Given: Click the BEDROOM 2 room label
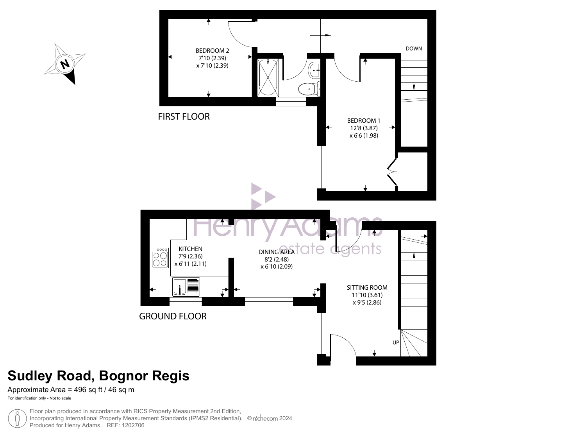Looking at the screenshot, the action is tap(212, 50).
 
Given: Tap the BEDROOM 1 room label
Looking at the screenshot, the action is tap(364, 121).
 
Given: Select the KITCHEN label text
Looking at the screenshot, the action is tap(190, 249).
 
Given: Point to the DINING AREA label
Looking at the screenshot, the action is tap(276, 252).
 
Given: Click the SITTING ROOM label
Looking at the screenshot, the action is tap(367, 287).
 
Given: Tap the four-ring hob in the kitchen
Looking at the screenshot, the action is tap(159, 258).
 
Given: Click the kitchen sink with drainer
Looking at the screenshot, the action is tap(186, 287).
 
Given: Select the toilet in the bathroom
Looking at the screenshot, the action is tap(309, 89).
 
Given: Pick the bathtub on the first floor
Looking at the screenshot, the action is tap(268, 77).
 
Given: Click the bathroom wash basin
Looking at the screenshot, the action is tap(314, 70).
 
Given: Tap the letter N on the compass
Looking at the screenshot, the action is tap(65, 64).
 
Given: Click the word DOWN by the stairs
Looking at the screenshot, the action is tap(413, 48).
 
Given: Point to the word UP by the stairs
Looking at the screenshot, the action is tap(396, 342).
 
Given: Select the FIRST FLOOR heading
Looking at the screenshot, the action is tap(184, 116).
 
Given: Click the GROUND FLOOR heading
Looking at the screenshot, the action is tap(173, 316).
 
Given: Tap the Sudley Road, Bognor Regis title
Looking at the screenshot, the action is tap(98, 376).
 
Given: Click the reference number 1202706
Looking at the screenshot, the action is tap(133, 425).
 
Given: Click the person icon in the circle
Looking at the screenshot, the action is tap(17, 418).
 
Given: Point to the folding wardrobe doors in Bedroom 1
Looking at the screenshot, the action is tap(392, 172).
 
